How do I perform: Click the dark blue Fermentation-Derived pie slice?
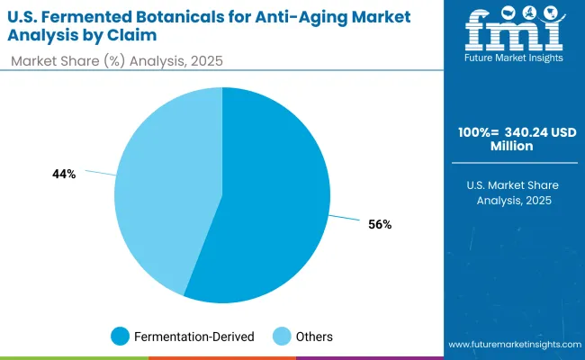[270, 207]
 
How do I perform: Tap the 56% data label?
[379, 224]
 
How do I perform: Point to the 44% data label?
[64, 174]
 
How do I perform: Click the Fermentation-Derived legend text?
[193, 337]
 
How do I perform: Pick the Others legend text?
[313, 337]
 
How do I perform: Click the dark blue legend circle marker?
[120, 337]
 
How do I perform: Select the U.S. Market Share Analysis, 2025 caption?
[516, 192]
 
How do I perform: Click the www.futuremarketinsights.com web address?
[512, 345]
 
